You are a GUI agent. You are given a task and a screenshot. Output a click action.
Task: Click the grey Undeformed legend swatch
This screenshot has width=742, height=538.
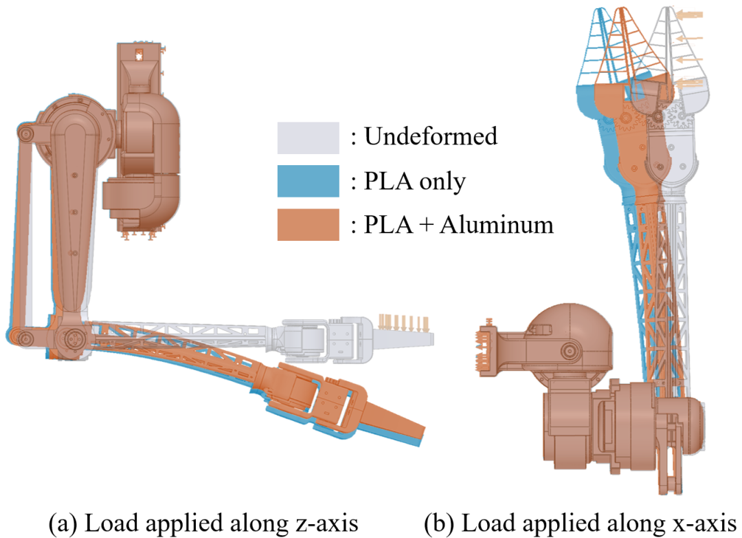tap(308, 138)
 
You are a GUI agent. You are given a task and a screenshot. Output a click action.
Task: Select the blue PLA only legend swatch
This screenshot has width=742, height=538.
tap(308, 181)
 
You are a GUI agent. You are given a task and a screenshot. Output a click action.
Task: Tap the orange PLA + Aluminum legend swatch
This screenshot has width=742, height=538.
tap(308, 225)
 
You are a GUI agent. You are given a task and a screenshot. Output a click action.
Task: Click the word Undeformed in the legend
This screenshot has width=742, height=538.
tap(431, 136)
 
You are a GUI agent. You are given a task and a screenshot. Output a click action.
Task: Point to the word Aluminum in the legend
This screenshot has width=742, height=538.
tap(497, 225)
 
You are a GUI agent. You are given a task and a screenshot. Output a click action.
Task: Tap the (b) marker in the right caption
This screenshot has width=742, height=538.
tap(438, 524)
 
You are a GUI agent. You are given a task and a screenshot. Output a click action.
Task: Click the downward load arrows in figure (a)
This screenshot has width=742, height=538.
tap(404, 323)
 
